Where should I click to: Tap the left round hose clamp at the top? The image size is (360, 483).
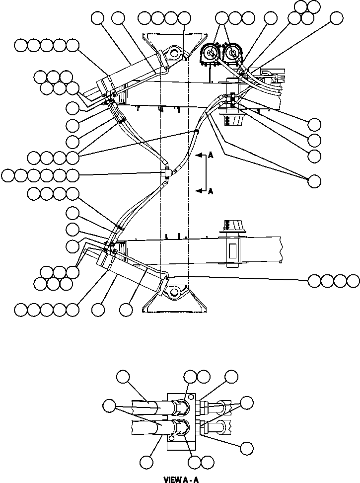coord(210,53)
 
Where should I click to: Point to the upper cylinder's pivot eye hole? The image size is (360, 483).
coord(173,52)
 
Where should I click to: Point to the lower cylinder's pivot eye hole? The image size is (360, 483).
coord(173,292)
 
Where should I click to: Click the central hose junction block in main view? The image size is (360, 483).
coord(167,172)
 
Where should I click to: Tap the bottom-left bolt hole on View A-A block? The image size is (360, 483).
coord(172,439)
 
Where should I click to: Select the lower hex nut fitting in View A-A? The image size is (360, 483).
coord(181,427)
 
